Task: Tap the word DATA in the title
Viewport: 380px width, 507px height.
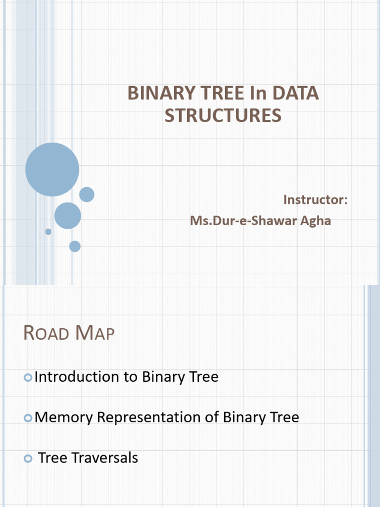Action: coord(295,93)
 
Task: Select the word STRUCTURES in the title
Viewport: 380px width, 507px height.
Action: coord(223,115)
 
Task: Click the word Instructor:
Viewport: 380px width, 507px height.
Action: coord(315,200)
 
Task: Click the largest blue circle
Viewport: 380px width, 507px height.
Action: coord(52,169)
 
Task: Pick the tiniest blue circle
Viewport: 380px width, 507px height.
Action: coord(48,232)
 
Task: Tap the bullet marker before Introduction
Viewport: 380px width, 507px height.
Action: coord(28,378)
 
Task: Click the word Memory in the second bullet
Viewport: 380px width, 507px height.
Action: coord(64,417)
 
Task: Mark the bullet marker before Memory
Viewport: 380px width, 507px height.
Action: coord(28,419)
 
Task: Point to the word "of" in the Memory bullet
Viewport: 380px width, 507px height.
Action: coord(212,417)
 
